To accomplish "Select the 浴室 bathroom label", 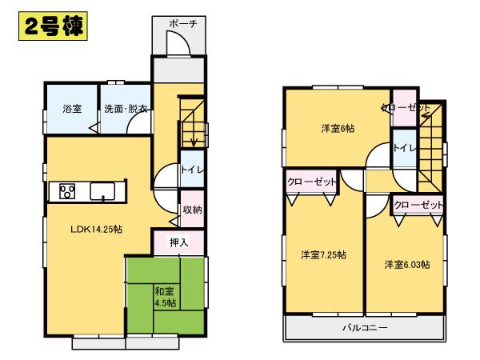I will click(x=72, y=110).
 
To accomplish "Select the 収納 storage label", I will click(x=191, y=210).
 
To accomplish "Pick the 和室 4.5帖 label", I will click(x=166, y=296).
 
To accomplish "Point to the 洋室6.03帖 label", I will click(x=406, y=265).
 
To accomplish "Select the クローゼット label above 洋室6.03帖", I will click(x=417, y=206).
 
